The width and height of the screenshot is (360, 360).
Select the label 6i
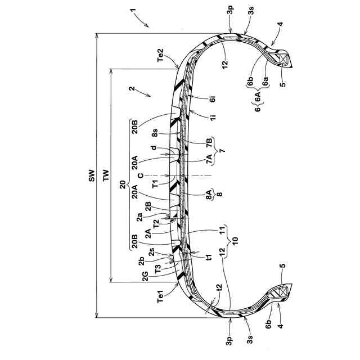(213, 102)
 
